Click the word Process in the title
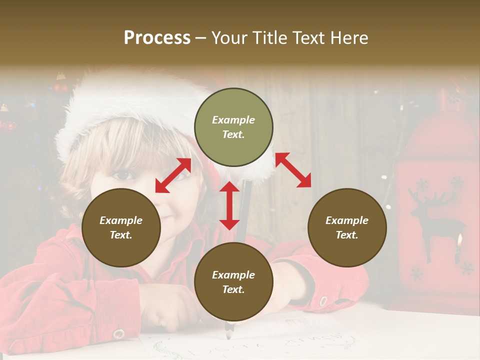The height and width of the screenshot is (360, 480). [x=157, y=38]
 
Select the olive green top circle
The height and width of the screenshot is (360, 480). [x=233, y=127]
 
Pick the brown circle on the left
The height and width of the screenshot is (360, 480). [x=121, y=227]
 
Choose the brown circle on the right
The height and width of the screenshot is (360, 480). [x=347, y=227]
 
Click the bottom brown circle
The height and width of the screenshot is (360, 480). [x=233, y=282]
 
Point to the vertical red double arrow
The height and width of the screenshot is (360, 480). [x=229, y=205]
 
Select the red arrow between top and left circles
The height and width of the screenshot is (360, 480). [x=173, y=175]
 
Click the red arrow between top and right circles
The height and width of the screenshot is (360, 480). [x=293, y=170]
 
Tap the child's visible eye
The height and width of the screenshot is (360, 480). [x=123, y=175]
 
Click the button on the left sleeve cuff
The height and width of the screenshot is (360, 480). [x=118, y=333]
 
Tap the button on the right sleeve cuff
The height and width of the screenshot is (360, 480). [x=323, y=301]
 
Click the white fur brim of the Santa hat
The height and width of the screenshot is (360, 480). [x=125, y=105]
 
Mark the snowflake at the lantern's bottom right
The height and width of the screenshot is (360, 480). [x=467, y=268]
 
